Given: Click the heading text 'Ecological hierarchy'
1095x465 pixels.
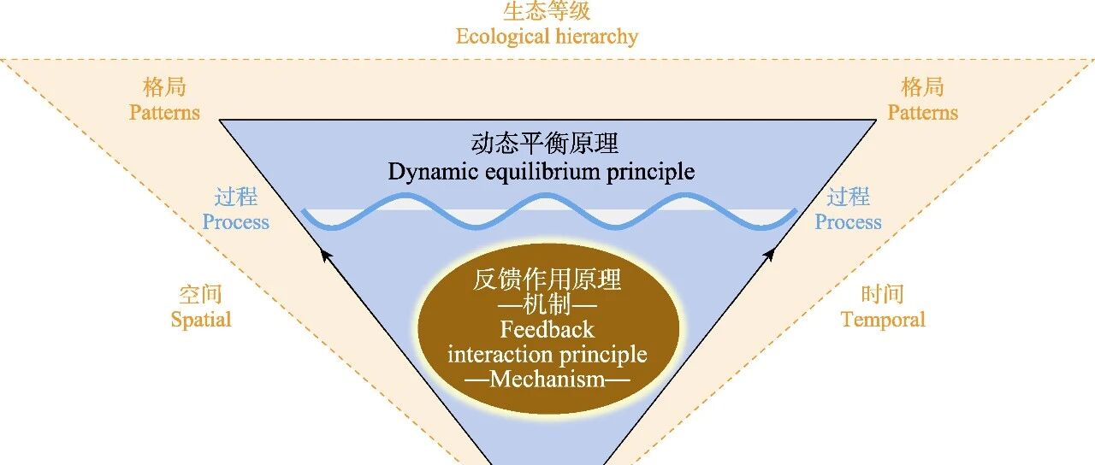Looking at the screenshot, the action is point(547,37).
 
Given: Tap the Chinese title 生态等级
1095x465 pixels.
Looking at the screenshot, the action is point(547,12).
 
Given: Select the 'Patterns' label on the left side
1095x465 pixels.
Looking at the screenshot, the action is point(164,112).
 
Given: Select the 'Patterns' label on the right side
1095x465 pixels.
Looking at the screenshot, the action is point(922,112).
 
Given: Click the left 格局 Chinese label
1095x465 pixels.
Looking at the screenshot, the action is point(164,87).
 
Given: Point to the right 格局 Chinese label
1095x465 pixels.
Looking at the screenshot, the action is point(922,87).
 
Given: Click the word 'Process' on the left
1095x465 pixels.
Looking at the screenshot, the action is point(235,222).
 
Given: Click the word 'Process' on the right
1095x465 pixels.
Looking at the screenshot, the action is point(848,222).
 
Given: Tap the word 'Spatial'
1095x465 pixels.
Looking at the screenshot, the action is point(201,320).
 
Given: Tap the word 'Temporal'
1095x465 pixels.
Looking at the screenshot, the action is point(883,320).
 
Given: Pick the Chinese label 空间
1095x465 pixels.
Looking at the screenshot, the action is point(201,295).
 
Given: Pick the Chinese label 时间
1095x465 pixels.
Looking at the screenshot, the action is point(883,295).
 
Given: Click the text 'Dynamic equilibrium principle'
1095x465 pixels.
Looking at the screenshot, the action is point(542,171).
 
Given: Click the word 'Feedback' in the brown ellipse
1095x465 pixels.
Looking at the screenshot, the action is point(547,329).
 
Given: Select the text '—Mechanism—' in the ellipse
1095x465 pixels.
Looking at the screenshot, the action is point(547,379).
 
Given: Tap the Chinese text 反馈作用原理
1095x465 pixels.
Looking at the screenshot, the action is point(547,280).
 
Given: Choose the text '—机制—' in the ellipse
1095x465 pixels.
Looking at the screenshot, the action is point(547,304).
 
